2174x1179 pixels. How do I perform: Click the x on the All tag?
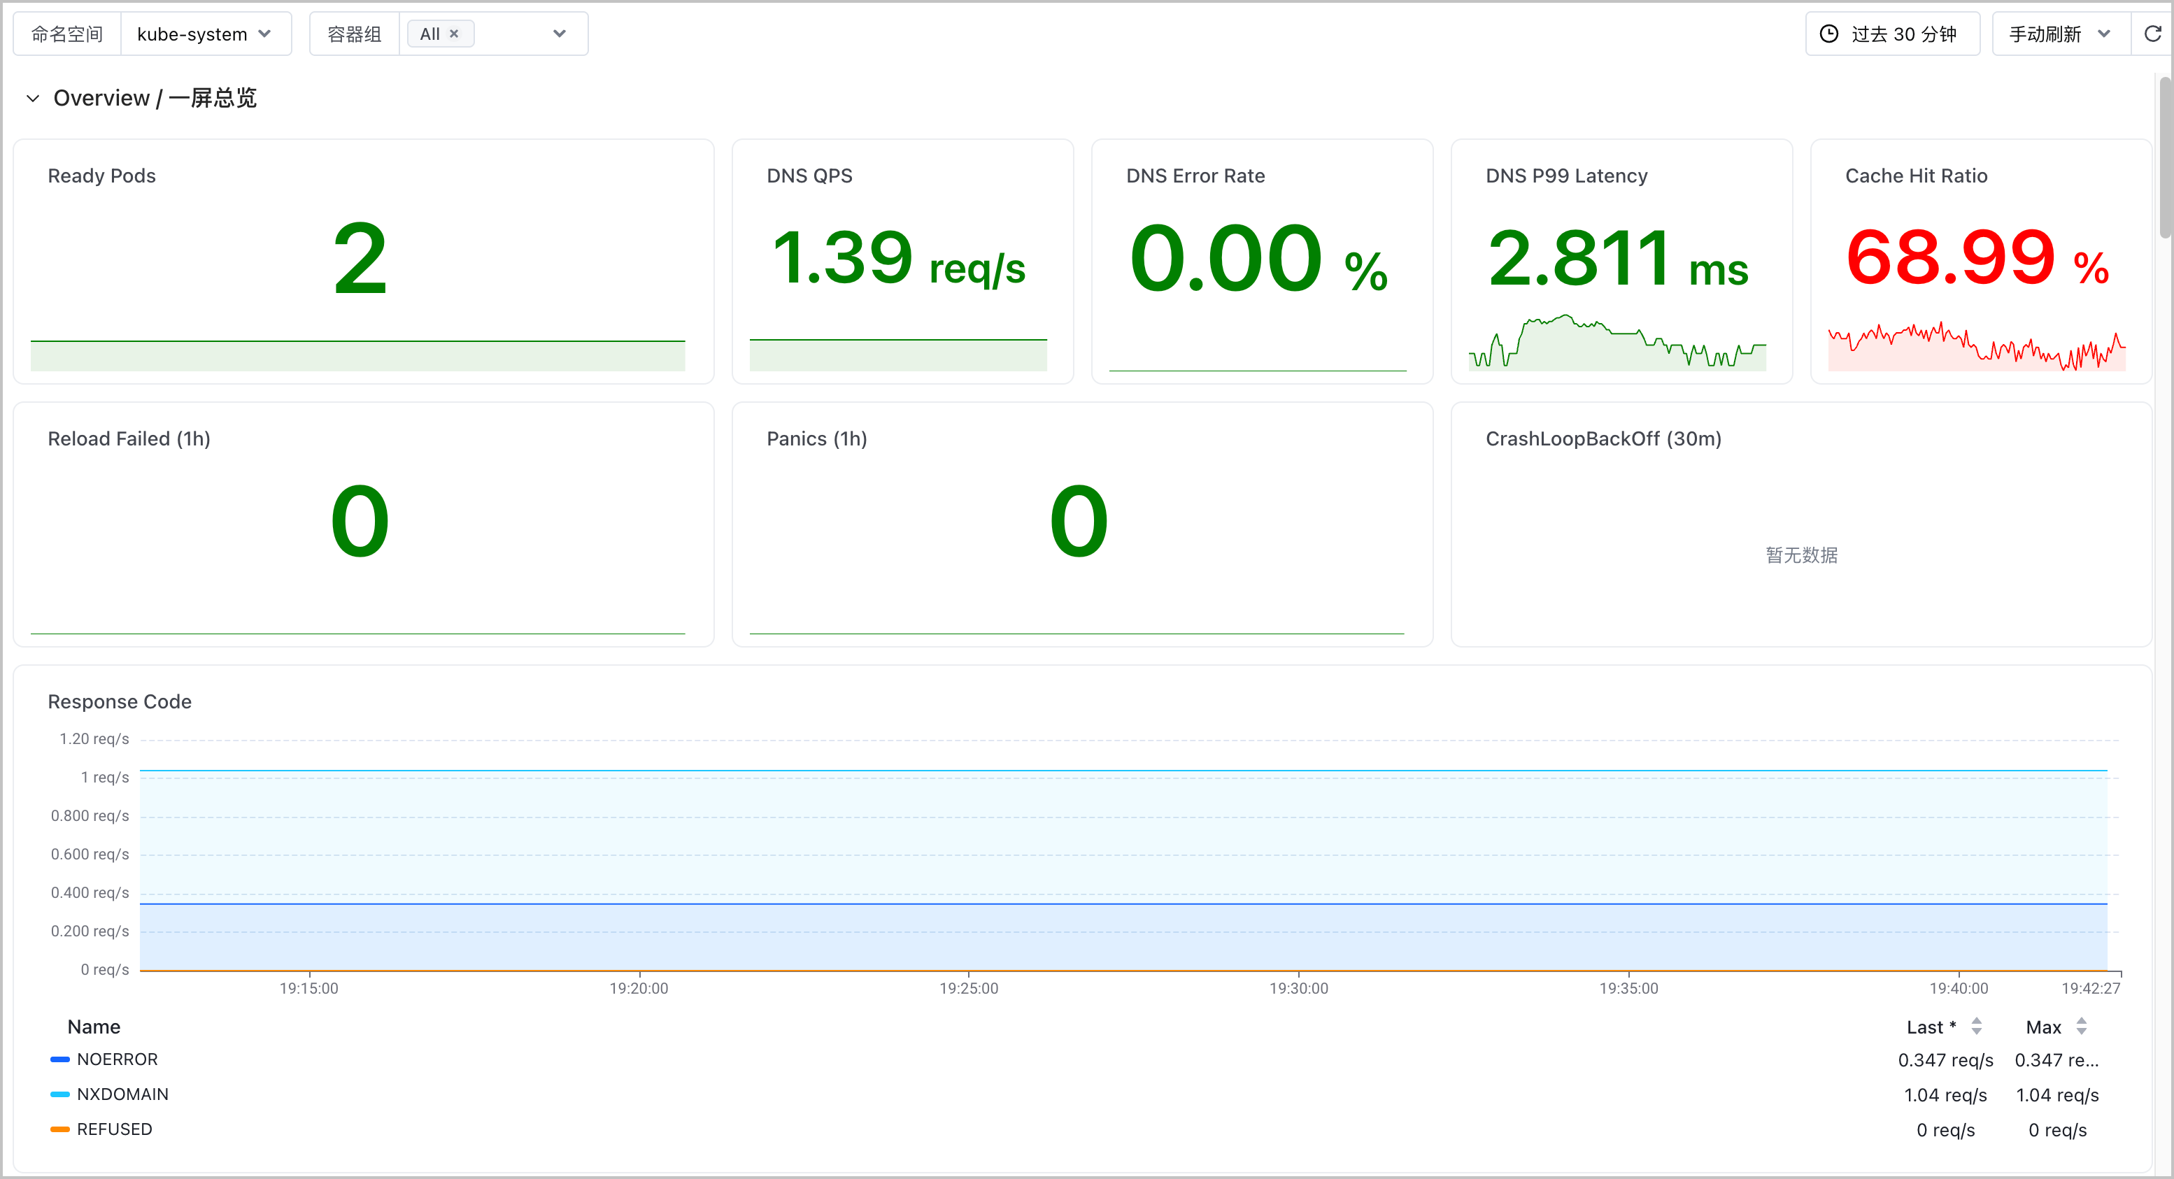pos(454,34)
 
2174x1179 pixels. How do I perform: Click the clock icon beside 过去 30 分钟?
pos(1829,34)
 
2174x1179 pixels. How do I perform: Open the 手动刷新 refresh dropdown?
pos(2060,34)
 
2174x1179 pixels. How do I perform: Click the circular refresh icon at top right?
pos(2153,34)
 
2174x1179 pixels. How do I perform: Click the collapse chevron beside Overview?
pos(33,99)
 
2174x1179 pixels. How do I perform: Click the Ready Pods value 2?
pos(360,259)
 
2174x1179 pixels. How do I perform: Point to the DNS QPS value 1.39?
pos(842,257)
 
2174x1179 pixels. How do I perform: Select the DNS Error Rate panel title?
pos(1195,176)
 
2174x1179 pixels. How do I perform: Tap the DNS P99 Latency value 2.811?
pos(1579,257)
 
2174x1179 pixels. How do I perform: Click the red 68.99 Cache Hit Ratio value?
pos(1950,257)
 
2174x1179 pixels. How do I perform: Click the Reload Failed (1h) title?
pos(129,439)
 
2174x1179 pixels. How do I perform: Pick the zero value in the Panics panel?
pos(1079,522)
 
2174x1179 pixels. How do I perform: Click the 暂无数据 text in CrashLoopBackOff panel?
pos(1802,555)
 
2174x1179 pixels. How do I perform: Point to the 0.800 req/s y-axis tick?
pos(90,816)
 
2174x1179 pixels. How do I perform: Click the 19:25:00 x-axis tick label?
pos(969,988)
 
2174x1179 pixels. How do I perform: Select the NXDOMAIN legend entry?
pos(122,1094)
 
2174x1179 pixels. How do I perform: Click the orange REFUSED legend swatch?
pos(60,1130)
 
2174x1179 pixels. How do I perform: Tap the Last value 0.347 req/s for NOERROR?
pos(1945,1061)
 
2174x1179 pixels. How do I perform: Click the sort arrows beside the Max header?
pos(2081,1027)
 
